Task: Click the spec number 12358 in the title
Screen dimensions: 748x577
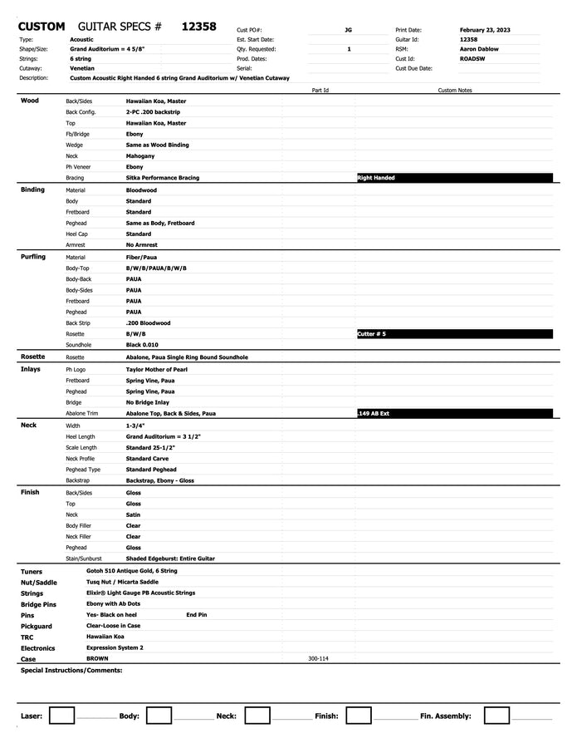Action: tap(198, 27)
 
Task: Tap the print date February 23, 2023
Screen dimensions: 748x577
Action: tap(485, 30)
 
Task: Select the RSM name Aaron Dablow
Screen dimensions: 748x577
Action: tap(478, 49)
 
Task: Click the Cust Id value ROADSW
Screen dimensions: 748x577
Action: tap(472, 59)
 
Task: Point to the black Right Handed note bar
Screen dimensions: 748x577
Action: tap(453, 178)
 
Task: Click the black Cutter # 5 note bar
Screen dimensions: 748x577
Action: tap(453, 333)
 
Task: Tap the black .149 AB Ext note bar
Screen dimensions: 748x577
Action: tap(453, 413)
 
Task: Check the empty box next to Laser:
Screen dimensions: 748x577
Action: tap(61, 716)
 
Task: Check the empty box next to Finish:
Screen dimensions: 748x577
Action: tap(359, 716)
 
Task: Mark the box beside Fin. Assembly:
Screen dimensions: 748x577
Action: tap(496, 716)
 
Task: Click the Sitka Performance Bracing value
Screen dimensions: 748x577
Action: tap(163, 178)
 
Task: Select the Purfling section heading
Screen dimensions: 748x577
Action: tap(33, 257)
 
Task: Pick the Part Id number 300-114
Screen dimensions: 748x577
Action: tap(318, 658)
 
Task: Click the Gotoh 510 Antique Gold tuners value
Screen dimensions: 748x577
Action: tap(132, 572)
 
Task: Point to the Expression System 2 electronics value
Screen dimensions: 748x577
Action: tap(115, 647)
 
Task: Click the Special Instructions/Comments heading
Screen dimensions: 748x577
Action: tap(71, 670)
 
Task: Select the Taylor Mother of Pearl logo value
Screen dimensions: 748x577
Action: tap(157, 369)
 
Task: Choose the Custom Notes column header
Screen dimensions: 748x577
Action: tap(454, 90)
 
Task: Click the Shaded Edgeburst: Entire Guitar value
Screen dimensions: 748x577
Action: tap(170, 559)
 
